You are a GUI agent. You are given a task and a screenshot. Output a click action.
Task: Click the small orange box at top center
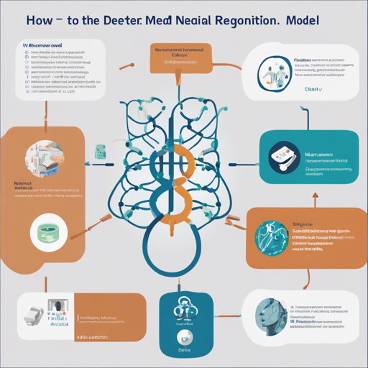(x=178, y=57)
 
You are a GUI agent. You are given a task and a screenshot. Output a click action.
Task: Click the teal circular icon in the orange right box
(x=269, y=238)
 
